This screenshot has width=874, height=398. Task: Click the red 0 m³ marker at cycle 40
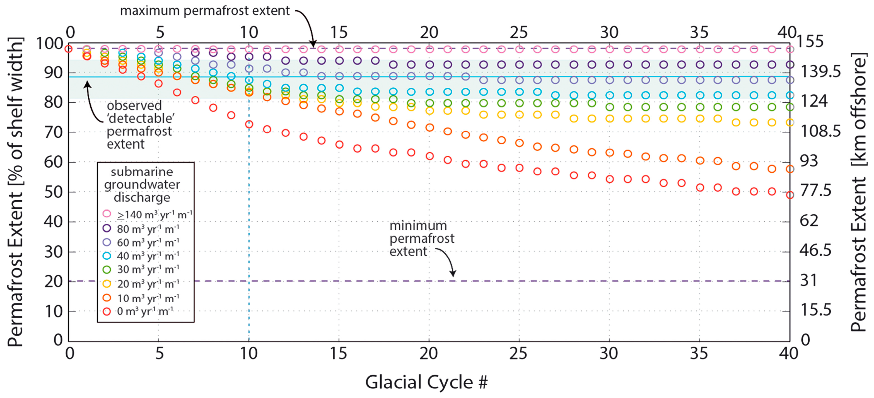[790, 195]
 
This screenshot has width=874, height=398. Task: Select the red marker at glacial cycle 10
[249, 124]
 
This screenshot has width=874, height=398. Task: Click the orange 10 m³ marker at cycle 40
[790, 169]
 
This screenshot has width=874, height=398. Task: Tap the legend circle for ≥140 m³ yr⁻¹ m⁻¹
[107, 214]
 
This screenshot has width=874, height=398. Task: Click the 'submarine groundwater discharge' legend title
[142, 185]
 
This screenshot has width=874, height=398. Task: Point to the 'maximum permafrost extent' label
[205, 11]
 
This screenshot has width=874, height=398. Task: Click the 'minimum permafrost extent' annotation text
[421, 238]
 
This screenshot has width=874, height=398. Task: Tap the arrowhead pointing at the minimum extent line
[453, 274]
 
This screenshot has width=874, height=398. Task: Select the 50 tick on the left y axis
[54, 192]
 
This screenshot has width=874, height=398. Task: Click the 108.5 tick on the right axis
[820, 131]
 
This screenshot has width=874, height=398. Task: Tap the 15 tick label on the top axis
[339, 33]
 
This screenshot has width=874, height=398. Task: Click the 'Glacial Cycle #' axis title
[426, 382]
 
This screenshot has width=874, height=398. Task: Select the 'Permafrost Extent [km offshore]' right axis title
[858, 192]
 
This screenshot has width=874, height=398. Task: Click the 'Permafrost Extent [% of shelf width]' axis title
[16, 192]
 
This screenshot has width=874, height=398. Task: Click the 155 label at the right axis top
[810, 42]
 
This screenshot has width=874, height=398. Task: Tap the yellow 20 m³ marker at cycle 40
[790, 122]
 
